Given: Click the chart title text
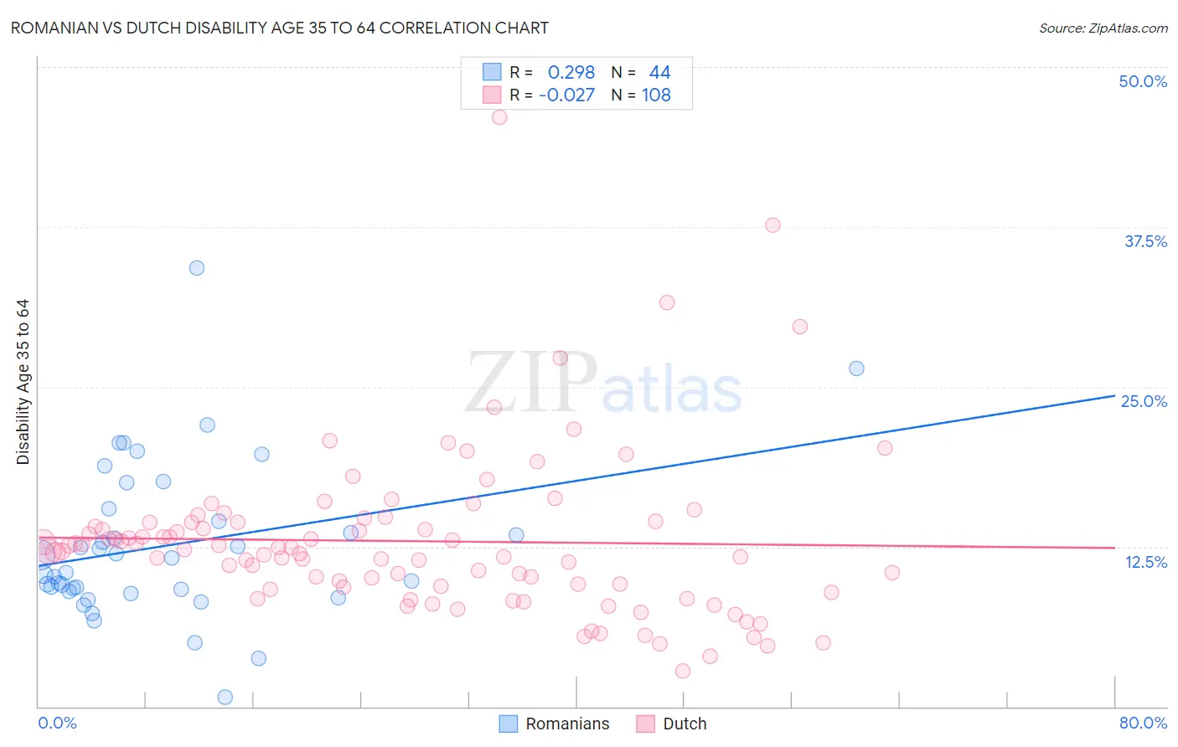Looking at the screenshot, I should [280, 28].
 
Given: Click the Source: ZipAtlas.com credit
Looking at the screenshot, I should [1103, 28].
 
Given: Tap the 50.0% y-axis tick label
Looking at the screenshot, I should [1143, 81].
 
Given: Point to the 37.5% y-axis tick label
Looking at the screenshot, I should [1145, 241].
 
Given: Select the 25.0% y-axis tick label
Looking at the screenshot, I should [1144, 401].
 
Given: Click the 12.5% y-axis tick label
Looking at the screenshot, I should [1145, 562].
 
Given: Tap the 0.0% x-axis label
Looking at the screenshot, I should [57, 723].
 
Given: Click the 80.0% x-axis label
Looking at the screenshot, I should [1143, 723].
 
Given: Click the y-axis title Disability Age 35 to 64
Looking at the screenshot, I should [23, 382].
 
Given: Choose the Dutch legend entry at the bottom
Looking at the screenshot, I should [684, 724].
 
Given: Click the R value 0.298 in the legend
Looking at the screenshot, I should [571, 73].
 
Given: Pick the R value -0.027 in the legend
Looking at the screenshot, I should [566, 95].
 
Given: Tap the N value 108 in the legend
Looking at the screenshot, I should [656, 95].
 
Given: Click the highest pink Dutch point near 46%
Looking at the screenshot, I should [499, 117].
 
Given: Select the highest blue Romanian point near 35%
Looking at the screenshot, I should [197, 268].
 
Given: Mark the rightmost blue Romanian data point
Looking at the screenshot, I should [856, 368].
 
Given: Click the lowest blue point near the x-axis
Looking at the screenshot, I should [225, 697].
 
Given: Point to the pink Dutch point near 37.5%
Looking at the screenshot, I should [772, 225].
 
